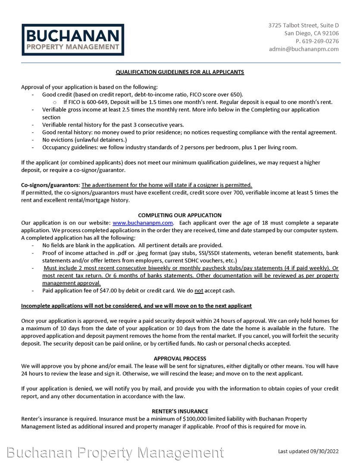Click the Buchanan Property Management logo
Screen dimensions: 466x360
(x=73, y=40)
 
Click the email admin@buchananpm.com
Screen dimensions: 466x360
(x=304, y=49)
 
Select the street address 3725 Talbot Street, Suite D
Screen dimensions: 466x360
(x=303, y=25)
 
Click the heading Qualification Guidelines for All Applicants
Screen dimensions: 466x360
(x=180, y=72)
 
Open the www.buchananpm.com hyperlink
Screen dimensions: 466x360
(x=143, y=223)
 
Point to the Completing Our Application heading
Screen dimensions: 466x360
(x=180, y=215)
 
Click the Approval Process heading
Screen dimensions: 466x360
(x=180, y=359)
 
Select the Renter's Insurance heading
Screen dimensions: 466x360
(x=180, y=411)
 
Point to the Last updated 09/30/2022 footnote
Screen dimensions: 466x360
(x=308, y=451)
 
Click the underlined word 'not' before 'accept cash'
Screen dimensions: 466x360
(x=199, y=290)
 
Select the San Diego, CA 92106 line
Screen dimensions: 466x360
(x=311, y=33)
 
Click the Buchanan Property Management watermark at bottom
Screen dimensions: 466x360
(x=115, y=453)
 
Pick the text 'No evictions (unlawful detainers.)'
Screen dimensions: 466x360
(x=85, y=140)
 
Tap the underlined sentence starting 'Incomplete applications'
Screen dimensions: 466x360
(x=136, y=306)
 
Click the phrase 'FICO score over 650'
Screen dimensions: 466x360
(x=216, y=94)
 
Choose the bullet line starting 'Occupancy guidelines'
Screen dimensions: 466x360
(x=169, y=148)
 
